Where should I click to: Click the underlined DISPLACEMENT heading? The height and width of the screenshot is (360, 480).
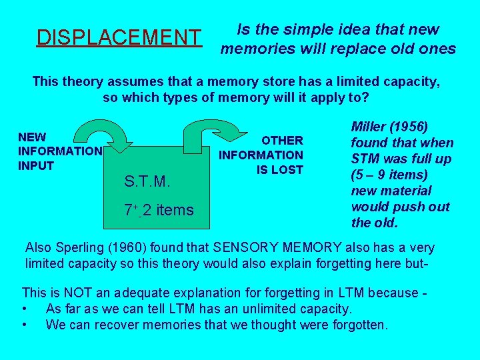click(x=119, y=37)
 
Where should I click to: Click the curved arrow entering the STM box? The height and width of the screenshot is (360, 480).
click(x=109, y=131)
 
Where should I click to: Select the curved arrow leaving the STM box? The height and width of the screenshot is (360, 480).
click(x=204, y=131)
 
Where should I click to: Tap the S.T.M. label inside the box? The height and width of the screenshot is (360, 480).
click(x=147, y=181)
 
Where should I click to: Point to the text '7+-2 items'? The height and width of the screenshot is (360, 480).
click(x=159, y=211)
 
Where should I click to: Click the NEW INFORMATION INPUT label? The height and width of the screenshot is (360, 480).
click(x=59, y=151)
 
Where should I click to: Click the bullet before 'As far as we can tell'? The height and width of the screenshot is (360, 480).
click(x=25, y=309)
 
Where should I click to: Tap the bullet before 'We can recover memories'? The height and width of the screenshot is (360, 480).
click(x=25, y=325)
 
